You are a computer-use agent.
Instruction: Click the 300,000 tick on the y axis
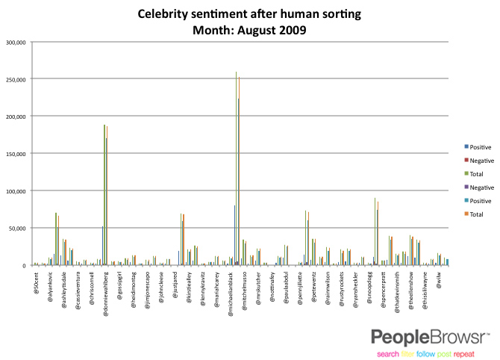(16, 42)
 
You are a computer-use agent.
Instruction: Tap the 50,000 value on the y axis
(17, 229)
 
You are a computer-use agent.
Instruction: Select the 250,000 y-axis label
(16, 79)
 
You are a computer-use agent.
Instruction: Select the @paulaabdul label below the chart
(287, 288)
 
